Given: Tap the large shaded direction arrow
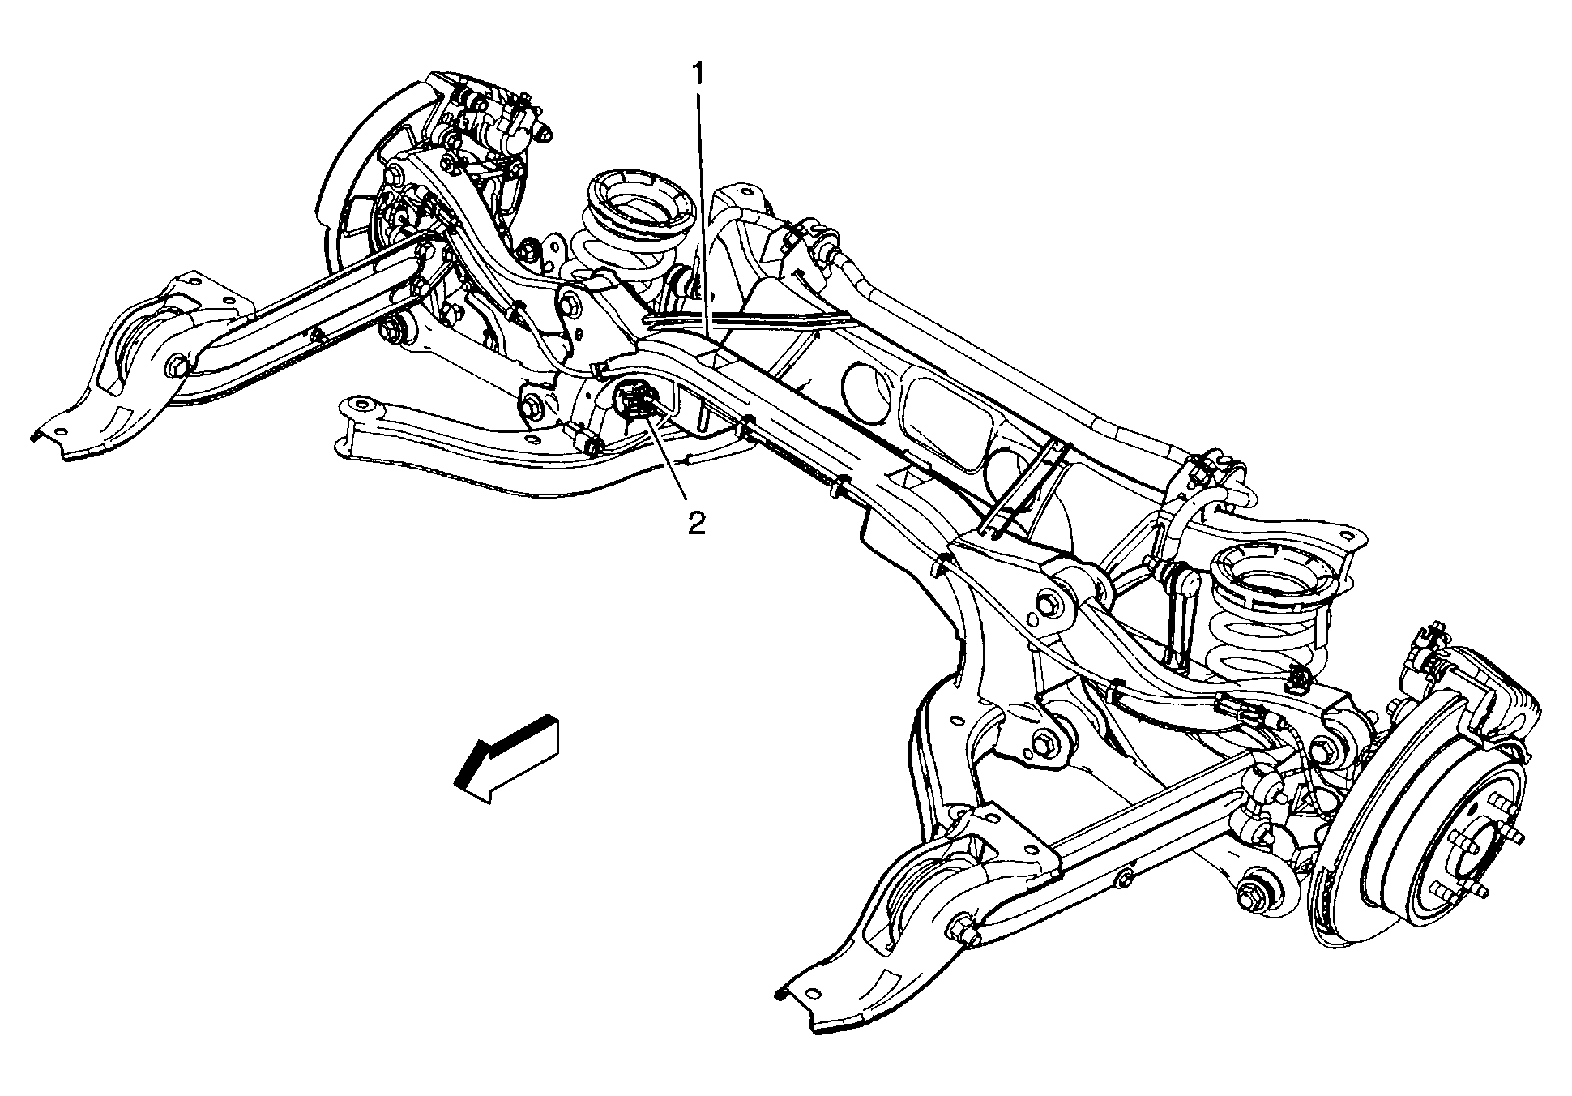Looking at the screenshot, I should (507, 758).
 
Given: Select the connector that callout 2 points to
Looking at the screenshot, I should (637, 402).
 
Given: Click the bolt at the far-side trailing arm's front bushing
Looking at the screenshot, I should (176, 368).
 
